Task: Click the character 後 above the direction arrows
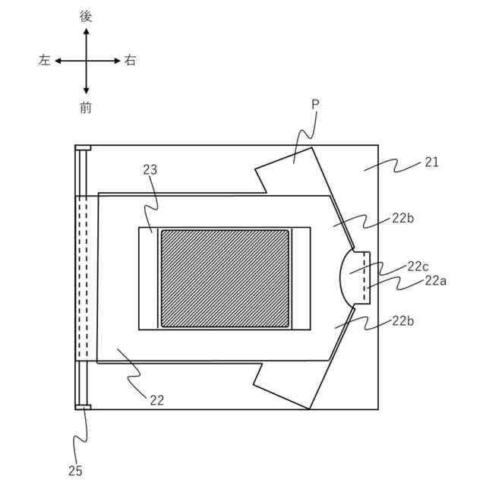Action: pos(86,16)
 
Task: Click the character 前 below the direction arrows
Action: pos(86,108)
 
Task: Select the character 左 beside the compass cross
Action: pos(44,61)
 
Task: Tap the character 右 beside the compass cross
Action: pos(130,61)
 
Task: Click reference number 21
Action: pos(431,162)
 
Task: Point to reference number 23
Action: pos(150,170)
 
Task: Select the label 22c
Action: pos(418,267)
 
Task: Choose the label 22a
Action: pos(435,280)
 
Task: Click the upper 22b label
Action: pos(402,218)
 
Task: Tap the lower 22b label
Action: pos(402,320)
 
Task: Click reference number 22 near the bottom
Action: pos(156,399)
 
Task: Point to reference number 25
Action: pos(75,471)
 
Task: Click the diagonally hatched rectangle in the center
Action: pos(225,278)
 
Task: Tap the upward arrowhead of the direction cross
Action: pos(86,32)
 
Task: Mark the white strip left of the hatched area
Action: pos(148,278)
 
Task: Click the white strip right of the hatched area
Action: pos(301,278)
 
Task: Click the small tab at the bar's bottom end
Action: pos(83,408)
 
